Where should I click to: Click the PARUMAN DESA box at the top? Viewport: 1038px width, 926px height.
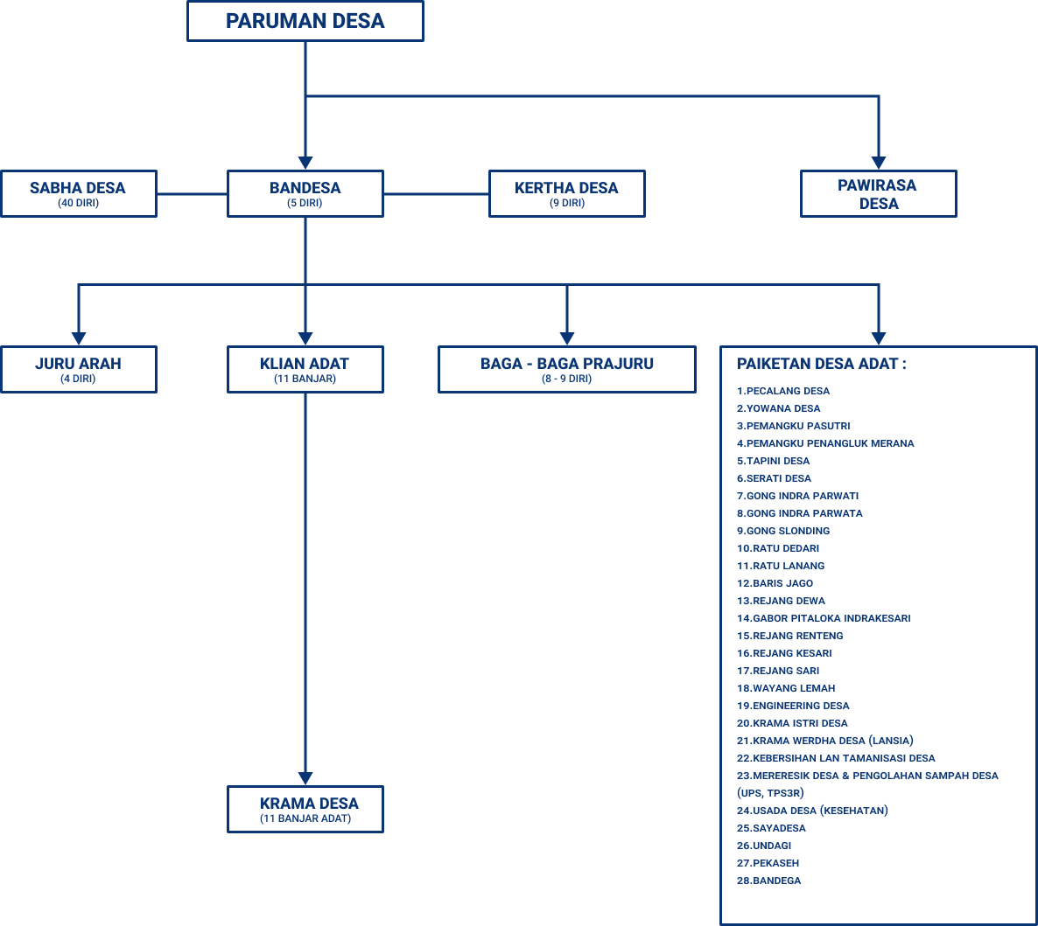305,21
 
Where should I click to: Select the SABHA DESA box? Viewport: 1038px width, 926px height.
78,193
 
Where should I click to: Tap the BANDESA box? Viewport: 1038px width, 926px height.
305,193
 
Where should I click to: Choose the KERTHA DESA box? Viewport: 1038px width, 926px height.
566,193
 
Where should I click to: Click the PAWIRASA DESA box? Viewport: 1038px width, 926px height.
878,193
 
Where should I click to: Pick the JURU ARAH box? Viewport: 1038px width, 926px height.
78,369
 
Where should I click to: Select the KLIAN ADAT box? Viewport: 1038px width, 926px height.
305,369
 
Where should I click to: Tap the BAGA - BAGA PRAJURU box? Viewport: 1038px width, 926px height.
566,369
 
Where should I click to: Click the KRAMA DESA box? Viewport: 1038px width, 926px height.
305,808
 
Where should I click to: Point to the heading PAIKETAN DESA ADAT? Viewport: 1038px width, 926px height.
821,364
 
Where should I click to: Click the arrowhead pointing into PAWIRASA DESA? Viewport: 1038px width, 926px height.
878,163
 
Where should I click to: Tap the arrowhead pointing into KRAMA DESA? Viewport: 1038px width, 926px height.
305,777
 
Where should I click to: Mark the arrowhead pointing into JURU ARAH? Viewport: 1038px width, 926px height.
78,338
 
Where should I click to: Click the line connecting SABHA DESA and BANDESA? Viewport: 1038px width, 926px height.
192,193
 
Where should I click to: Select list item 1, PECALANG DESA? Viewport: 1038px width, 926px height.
783,391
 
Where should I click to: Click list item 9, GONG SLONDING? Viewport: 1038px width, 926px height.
783,531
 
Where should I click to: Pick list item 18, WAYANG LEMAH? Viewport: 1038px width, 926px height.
786,688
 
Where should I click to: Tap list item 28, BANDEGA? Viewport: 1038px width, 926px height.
769,881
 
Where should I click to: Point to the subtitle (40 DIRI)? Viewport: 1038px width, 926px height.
78,204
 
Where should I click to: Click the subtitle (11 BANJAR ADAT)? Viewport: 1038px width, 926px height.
305,818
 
